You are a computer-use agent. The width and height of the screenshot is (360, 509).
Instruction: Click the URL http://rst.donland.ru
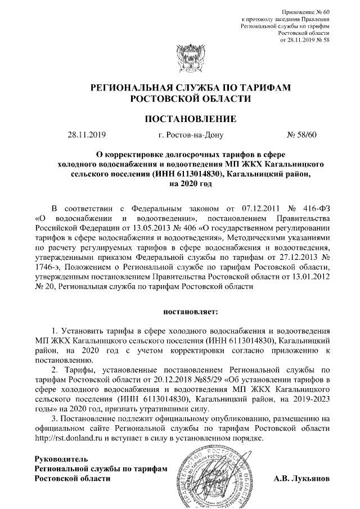(x=72, y=438)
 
